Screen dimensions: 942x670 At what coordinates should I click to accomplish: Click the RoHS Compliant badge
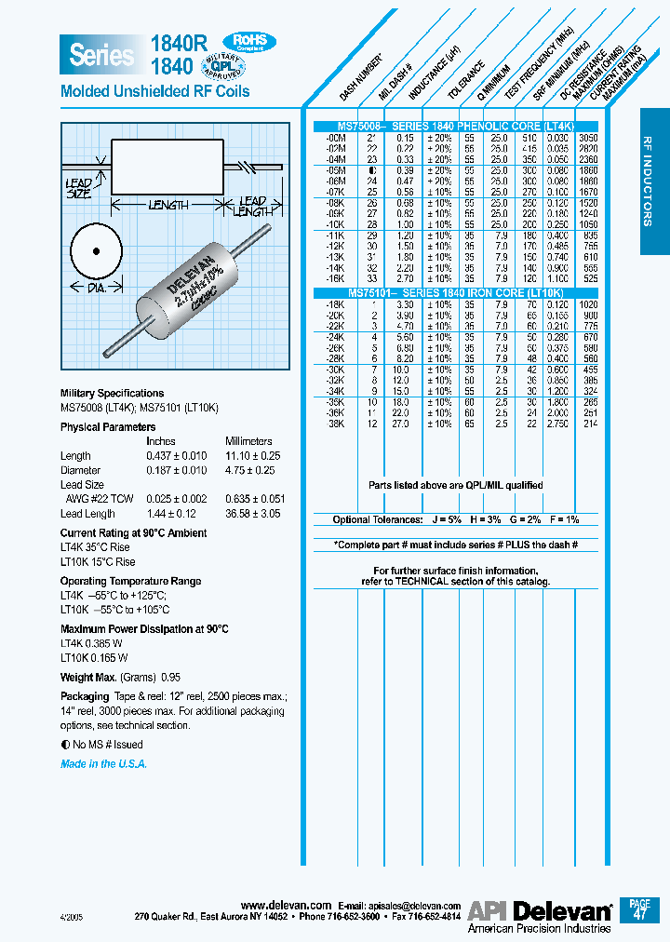[x=249, y=42]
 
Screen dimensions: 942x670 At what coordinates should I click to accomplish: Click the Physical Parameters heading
[x=108, y=427]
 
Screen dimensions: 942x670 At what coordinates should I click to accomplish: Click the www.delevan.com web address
[x=286, y=905]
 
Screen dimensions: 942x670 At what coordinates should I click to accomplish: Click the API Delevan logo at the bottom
[x=540, y=911]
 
